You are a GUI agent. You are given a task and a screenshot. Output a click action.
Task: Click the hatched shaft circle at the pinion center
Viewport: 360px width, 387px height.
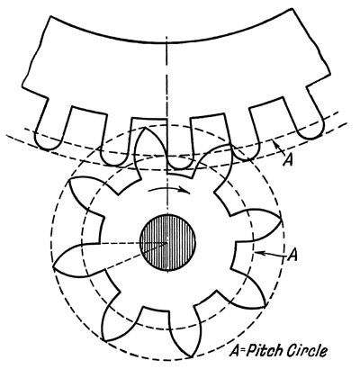click(x=167, y=243)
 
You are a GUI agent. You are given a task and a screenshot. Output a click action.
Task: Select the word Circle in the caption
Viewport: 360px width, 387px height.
click(x=308, y=351)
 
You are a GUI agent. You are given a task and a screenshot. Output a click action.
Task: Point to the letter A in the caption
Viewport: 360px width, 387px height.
click(x=234, y=351)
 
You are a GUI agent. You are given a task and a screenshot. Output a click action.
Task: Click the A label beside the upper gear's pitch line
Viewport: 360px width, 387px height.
click(x=289, y=158)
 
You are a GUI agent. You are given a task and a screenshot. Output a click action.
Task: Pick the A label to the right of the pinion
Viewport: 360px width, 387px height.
click(x=292, y=255)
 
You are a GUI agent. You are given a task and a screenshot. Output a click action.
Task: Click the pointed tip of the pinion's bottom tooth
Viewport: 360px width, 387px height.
click(x=191, y=357)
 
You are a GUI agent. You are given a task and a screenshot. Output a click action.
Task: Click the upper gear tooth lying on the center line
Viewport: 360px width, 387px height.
click(x=180, y=166)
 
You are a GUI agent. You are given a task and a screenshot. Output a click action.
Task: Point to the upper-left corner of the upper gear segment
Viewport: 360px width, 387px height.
click(x=49, y=16)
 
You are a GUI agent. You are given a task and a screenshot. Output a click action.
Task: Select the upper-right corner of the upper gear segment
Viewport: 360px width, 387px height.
click(x=292, y=9)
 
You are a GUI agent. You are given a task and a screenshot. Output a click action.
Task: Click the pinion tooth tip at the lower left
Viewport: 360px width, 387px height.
click(x=104, y=341)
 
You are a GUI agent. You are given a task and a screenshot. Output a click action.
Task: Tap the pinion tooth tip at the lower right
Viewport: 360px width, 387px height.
click(x=265, y=307)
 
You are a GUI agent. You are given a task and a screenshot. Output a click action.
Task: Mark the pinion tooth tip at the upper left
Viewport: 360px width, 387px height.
click(x=70, y=181)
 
